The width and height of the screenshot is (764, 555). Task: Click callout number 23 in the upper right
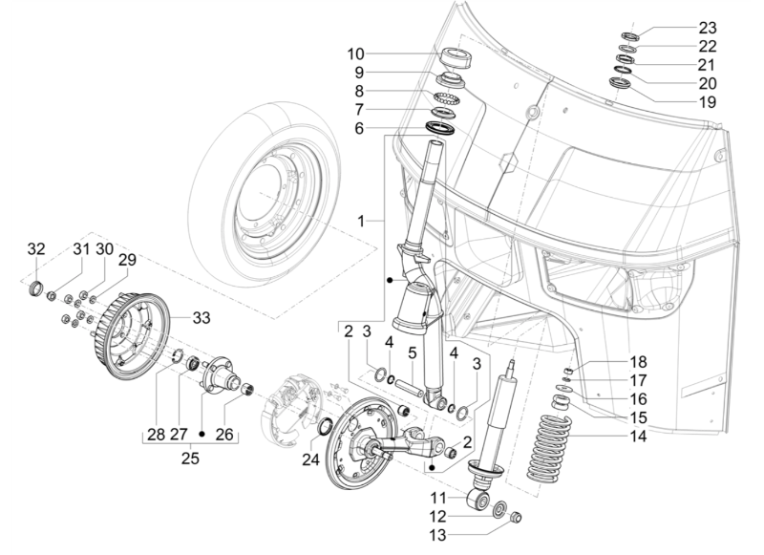707,27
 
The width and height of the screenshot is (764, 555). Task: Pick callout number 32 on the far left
36,249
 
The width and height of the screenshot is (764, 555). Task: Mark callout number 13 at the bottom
436,534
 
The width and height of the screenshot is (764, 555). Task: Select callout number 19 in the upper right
707,100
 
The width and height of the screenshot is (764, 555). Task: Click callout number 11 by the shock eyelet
436,498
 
